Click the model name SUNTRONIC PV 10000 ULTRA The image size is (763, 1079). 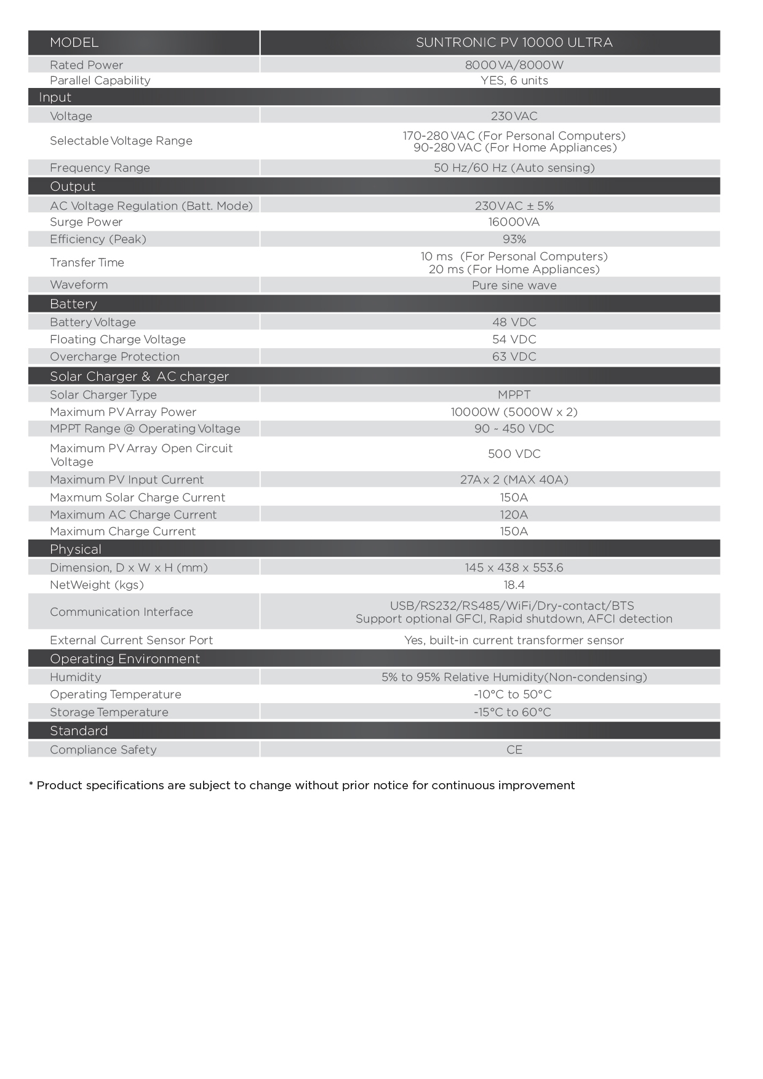tap(514, 42)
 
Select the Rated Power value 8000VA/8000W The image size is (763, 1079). tap(514, 65)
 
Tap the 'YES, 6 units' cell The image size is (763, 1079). tap(514, 81)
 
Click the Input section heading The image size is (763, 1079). tap(55, 97)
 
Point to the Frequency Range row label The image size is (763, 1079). tap(100, 168)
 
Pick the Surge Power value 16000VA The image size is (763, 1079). tap(514, 222)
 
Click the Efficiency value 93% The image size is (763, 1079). tap(514, 239)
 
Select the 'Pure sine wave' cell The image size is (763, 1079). tap(514, 285)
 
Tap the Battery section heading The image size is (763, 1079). tap(73, 304)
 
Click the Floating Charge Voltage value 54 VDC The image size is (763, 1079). tap(514, 340)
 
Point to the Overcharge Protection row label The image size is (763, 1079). tap(114, 357)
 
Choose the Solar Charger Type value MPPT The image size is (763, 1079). tap(514, 395)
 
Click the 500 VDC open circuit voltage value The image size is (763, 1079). tap(514, 454)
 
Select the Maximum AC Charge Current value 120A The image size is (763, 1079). tap(514, 515)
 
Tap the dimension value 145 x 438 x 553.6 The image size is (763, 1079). tap(514, 568)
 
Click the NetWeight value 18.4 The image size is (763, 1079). tap(514, 585)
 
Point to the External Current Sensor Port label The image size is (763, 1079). tap(131, 640)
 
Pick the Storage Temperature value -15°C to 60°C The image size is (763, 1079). tap(512, 712)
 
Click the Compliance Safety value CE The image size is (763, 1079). tap(514, 750)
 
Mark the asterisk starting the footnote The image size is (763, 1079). tap(31, 784)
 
